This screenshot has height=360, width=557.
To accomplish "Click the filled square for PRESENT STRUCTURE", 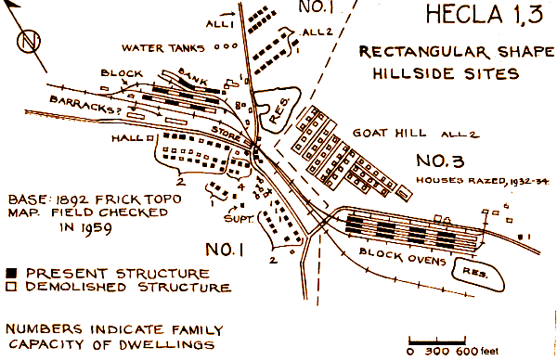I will pyautogui.click(x=14, y=273).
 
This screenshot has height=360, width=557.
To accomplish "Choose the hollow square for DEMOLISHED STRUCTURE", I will pyautogui.click(x=14, y=288).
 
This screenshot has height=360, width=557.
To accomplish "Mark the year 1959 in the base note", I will pyautogui.click(x=82, y=227).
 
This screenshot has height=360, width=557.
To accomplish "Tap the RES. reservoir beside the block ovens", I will pyautogui.click(x=468, y=264).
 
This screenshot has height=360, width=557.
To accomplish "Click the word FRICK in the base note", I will pyautogui.click(x=126, y=199).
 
